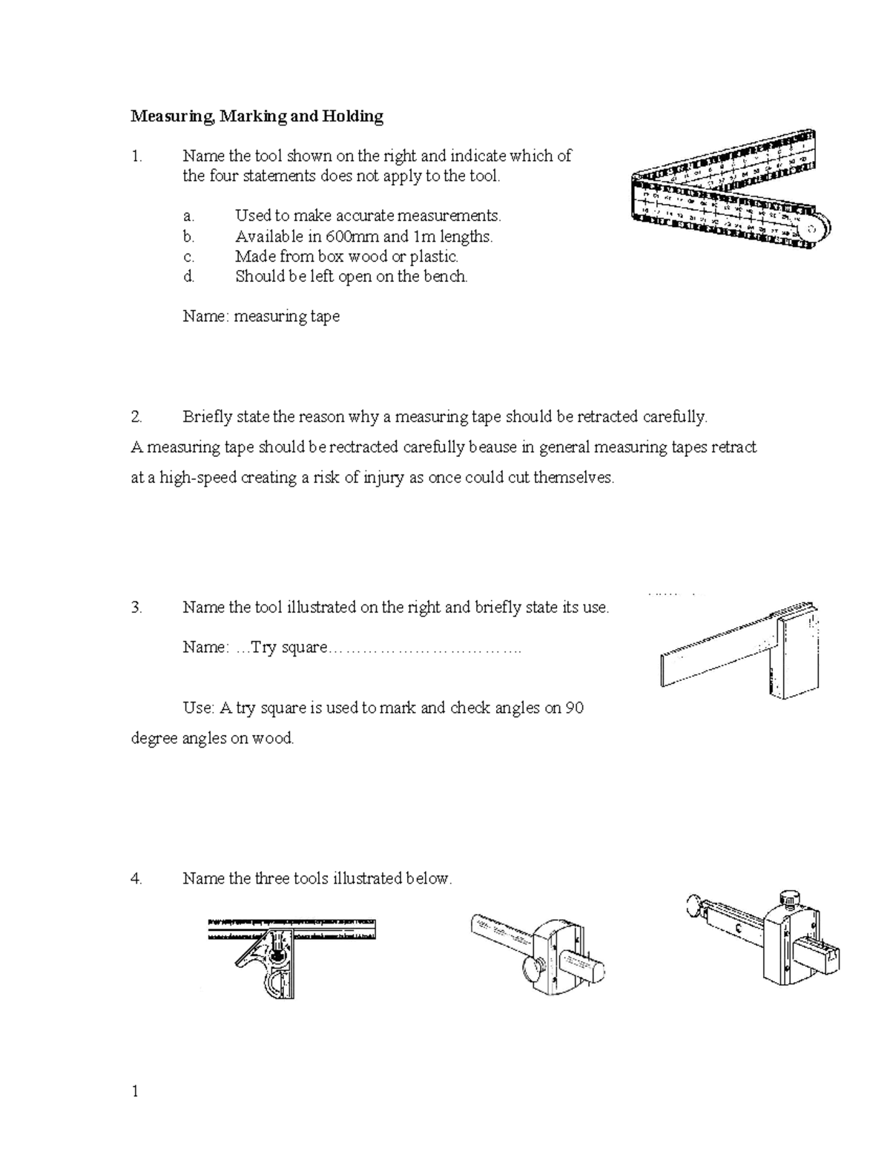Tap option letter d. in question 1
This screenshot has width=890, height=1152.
(x=189, y=277)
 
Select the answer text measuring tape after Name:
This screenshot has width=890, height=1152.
(x=287, y=317)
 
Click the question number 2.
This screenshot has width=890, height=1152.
(x=136, y=417)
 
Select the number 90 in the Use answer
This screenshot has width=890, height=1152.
(x=574, y=708)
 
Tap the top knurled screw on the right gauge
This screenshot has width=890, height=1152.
(x=788, y=898)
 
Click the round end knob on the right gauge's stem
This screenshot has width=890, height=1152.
(x=695, y=904)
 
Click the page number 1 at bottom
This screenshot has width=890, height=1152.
(x=135, y=1091)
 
